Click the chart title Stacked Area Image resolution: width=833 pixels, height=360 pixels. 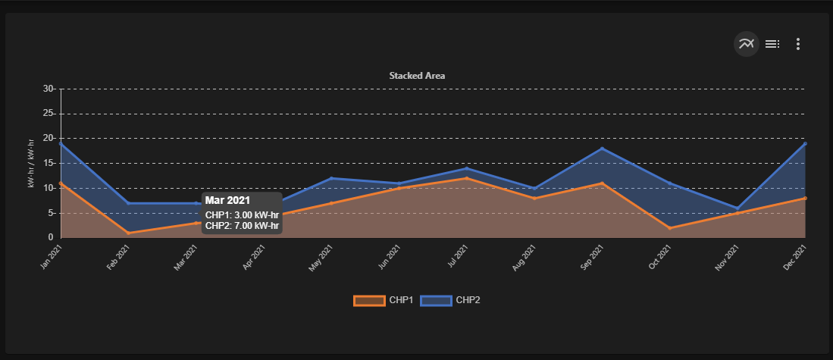coord(417,76)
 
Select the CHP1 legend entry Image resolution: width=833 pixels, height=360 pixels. coord(383,300)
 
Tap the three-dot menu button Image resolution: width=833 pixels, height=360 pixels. coord(797,44)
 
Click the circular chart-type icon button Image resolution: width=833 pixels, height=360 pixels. coord(747,44)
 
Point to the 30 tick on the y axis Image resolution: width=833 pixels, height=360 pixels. coord(49,89)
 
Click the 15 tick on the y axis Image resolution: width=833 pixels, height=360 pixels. coord(49,164)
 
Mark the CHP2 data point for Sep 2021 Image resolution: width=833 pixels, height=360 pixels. coord(603,149)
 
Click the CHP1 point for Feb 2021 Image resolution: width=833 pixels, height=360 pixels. coord(128,233)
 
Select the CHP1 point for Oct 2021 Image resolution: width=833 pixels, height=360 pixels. coord(670,228)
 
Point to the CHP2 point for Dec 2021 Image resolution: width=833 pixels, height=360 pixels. coord(805,143)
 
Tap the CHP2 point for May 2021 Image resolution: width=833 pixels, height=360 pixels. coord(331,178)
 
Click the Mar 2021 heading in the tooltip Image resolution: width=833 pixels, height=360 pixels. coord(227,201)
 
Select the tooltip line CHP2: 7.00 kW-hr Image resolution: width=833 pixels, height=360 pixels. coord(242,225)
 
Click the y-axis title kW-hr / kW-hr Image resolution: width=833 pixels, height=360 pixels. coord(31,164)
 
